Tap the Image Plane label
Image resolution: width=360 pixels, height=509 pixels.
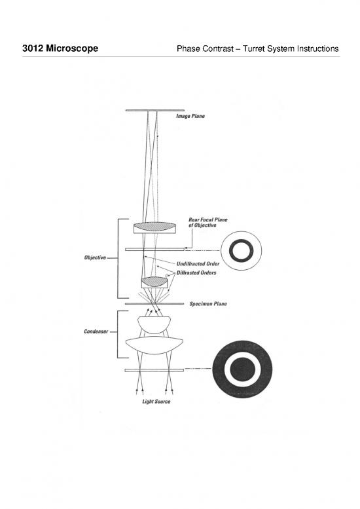coord(190,117)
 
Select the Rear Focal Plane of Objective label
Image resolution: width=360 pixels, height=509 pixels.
coord(207,222)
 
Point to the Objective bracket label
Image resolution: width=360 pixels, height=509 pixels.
coord(96,257)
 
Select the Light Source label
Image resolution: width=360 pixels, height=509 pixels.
coord(156,402)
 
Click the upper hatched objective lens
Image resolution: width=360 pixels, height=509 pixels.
coord(154,227)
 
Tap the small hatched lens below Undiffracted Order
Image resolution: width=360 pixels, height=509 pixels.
coord(154,281)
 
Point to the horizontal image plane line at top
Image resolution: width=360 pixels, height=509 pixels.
coord(154,110)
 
